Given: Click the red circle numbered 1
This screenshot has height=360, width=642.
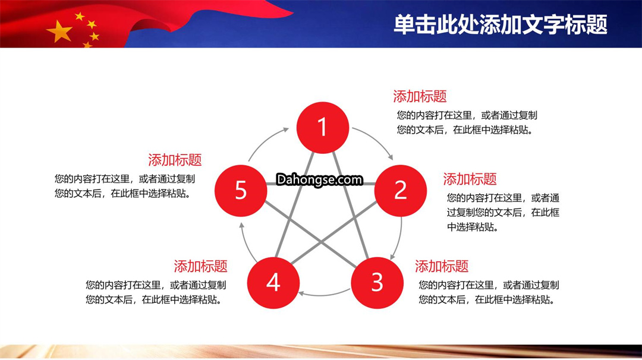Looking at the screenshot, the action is pyautogui.click(x=323, y=128).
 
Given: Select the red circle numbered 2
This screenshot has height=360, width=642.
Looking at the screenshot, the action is pyautogui.click(x=401, y=191).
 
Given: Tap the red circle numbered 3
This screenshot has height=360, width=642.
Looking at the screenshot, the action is pyautogui.click(x=377, y=283).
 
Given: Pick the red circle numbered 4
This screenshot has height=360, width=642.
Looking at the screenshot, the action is pyautogui.click(x=273, y=283).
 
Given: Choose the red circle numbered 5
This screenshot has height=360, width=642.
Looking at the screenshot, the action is pyautogui.click(x=241, y=191).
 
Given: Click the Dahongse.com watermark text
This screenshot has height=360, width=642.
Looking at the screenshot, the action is pyautogui.click(x=319, y=179).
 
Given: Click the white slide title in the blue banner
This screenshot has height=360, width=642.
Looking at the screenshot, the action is pyautogui.click(x=501, y=24).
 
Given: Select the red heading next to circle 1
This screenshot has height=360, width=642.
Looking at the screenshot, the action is pyautogui.click(x=420, y=97).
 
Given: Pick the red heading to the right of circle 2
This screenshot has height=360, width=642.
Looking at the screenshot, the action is pyautogui.click(x=470, y=179).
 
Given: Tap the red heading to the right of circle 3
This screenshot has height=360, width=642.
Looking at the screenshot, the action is pyautogui.click(x=441, y=266).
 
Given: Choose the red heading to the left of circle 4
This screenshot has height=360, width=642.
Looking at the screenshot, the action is pyautogui.click(x=201, y=266).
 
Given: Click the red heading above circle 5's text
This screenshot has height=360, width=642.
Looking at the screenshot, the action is pyautogui.click(x=175, y=160).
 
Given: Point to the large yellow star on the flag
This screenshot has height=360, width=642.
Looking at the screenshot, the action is pyautogui.click(x=60, y=31).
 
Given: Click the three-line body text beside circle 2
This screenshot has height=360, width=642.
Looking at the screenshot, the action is pyautogui.click(x=503, y=212).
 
